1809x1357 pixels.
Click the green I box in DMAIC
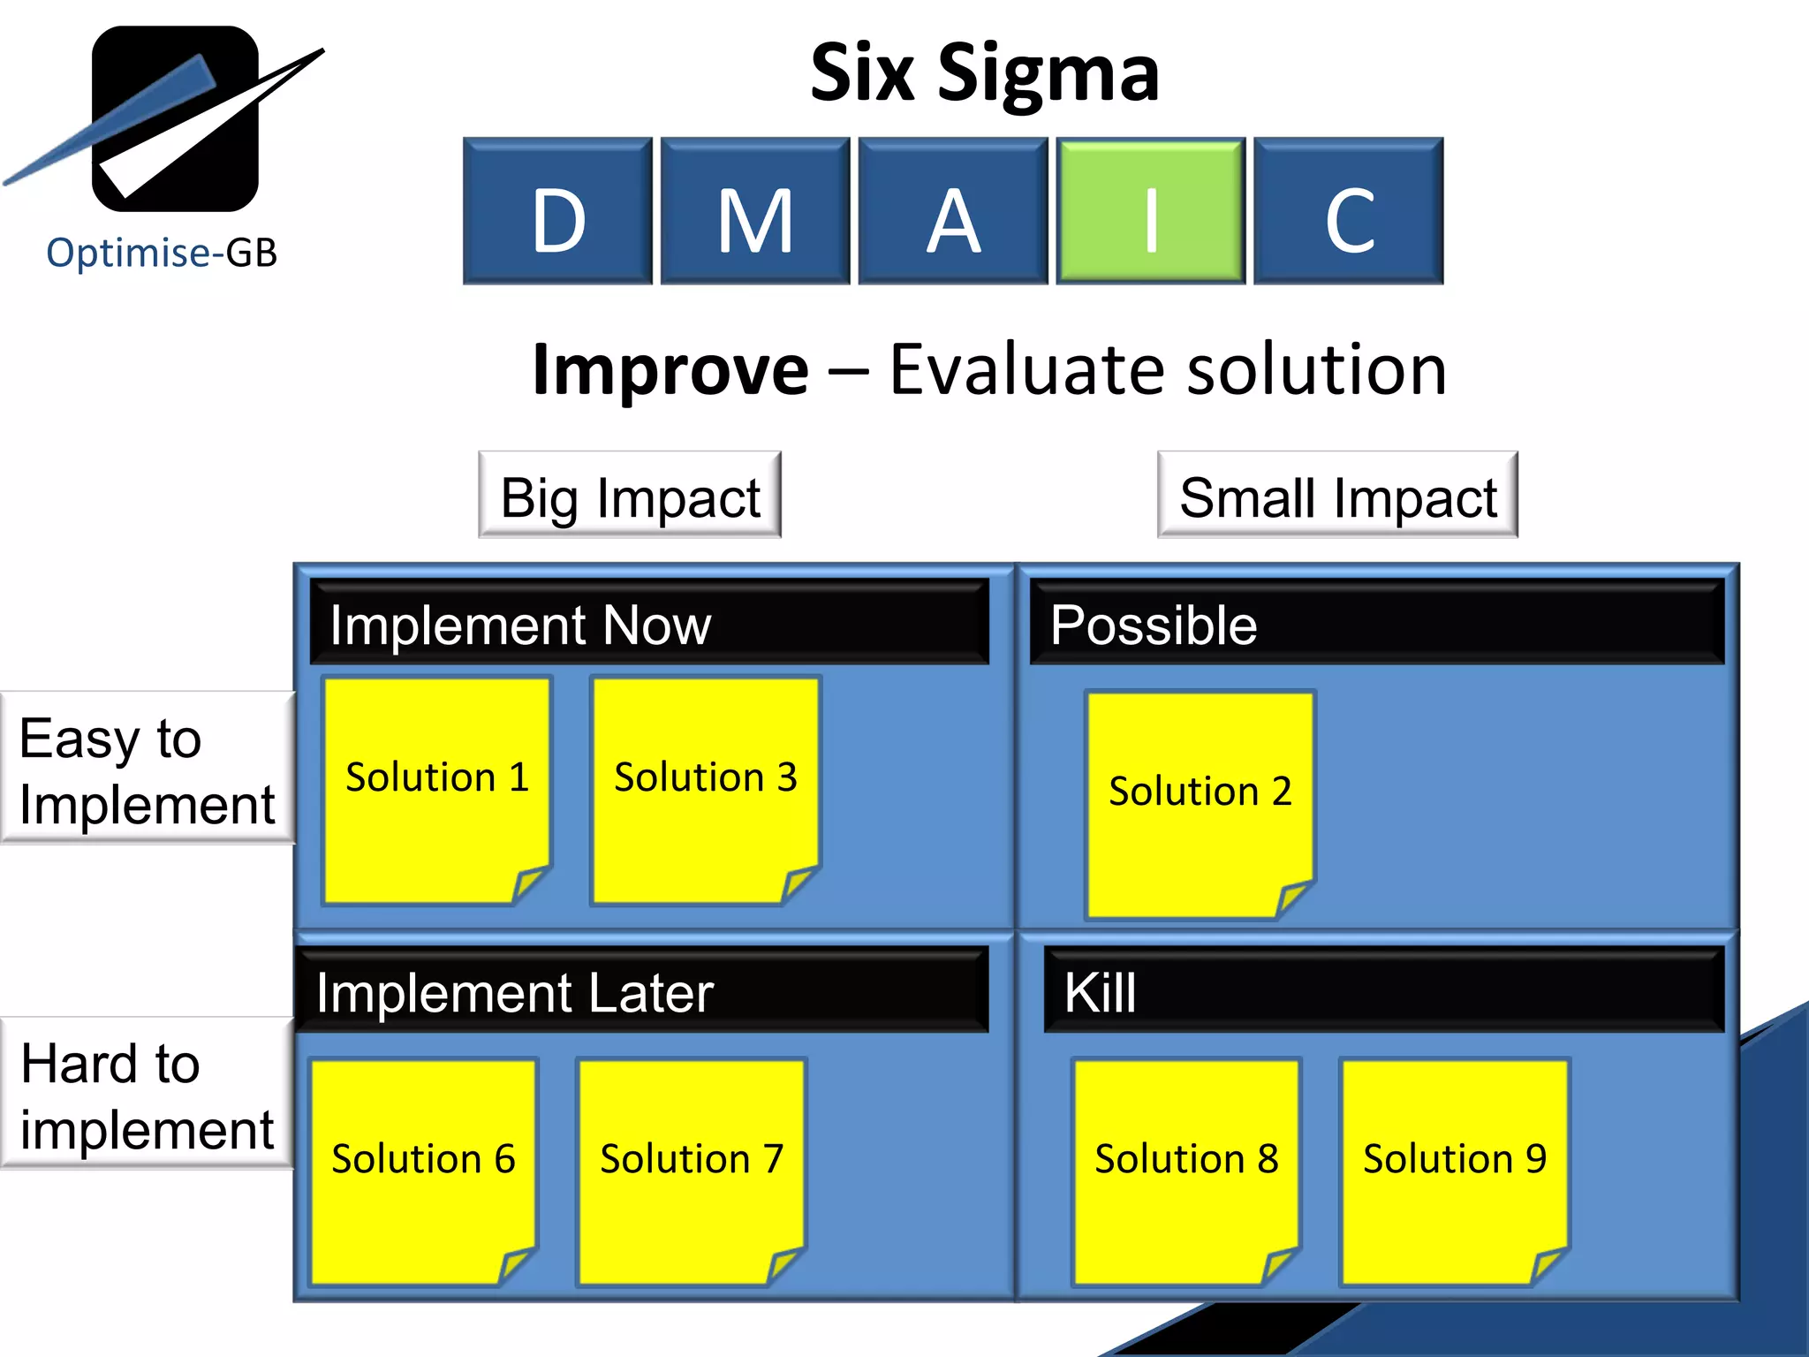pos(1150,211)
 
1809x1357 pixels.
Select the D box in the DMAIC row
pos(557,211)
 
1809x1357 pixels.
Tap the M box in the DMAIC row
pos(755,211)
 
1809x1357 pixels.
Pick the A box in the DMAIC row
pos(953,211)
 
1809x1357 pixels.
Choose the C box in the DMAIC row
pos(1349,211)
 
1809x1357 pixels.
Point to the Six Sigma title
pos(984,74)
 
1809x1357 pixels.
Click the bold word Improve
pos(670,370)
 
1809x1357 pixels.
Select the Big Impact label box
pos(630,496)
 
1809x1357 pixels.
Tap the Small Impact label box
pos(1337,496)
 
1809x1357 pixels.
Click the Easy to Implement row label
pos(147,769)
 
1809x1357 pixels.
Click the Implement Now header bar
pos(649,623)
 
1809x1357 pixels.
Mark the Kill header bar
pos(1383,990)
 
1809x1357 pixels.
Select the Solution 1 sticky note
pos(436,791)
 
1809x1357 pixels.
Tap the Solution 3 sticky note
pos(705,791)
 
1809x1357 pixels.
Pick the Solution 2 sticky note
pos(1200,804)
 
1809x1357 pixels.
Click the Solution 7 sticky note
pos(691,1171)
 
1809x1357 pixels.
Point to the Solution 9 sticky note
pos(1454,1171)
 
